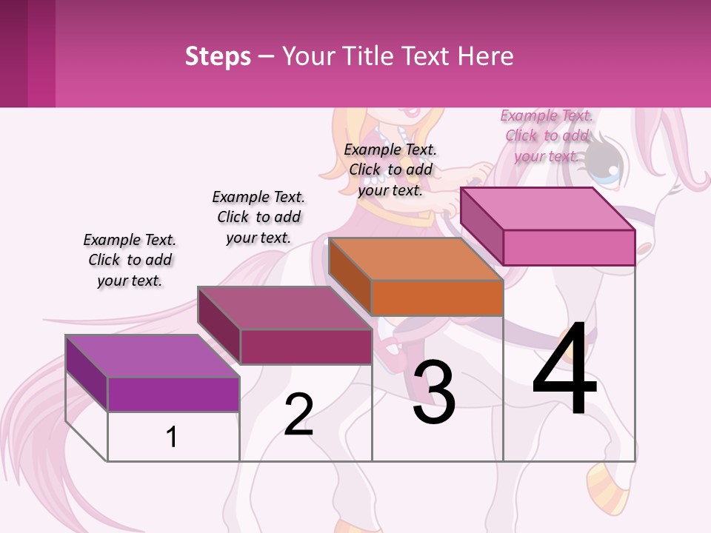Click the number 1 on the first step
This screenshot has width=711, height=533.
click(172, 437)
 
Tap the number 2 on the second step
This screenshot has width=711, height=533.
click(298, 415)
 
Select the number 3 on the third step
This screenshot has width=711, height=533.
click(434, 392)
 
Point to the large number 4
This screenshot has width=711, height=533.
click(564, 370)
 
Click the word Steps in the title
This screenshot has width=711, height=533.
click(218, 56)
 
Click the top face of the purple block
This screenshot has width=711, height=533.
click(153, 356)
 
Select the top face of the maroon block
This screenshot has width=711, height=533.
click(284, 308)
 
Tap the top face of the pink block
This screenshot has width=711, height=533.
click(548, 209)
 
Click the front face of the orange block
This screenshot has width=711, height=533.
click(437, 298)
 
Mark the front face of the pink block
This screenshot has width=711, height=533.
click(569, 247)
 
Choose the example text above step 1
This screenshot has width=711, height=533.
click(130, 260)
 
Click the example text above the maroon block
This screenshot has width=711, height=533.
click(258, 217)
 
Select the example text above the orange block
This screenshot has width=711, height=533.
click(390, 170)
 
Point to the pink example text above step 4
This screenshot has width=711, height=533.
click(547, 135)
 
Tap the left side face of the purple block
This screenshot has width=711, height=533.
click(87, 372)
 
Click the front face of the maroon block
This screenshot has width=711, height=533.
click(306, 346)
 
